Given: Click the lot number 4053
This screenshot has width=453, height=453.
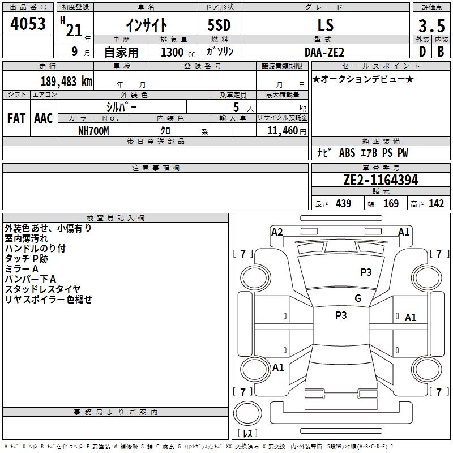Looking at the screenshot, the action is click(28, 23).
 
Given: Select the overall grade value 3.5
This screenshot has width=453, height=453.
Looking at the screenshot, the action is click(431, 25).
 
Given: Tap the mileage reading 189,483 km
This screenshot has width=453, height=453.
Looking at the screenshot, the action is click(66, 82).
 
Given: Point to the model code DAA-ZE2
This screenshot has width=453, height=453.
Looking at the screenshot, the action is click(324, 52).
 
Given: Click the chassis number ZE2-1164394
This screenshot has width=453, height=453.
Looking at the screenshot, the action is click(381, 180).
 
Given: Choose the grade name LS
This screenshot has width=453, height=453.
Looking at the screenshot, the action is click(326, 25).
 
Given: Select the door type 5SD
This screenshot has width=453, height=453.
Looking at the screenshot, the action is click(219, 25).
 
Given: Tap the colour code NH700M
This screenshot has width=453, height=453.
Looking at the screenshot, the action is click(93, 131).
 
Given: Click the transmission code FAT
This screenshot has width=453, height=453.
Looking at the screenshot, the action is click(16, 118).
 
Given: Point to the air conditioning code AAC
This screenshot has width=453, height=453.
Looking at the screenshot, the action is click(44, 118).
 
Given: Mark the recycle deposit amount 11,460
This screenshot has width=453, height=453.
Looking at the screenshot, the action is click(283, 131).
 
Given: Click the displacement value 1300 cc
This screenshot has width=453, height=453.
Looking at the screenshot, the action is click(178, 52).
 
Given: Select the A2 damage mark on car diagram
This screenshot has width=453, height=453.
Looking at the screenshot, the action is click(277, 232).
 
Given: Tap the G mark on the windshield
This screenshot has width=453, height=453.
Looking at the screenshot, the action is click(358, 298).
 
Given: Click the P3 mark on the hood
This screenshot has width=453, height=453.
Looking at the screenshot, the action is click(366, 272).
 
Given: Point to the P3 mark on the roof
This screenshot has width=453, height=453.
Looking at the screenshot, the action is click(341, 315).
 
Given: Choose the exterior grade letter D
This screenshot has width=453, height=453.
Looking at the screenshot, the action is click(422, 52).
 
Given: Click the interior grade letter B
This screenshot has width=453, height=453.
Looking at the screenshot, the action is click(441, 52).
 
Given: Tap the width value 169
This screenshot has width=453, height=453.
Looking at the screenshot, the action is click(391, 203).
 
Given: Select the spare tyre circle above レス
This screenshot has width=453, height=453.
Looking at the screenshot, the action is click(247, 413).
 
